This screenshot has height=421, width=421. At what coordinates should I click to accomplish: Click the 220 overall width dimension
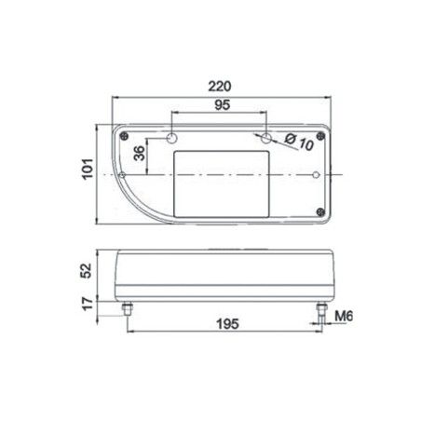click(x=222, y=86)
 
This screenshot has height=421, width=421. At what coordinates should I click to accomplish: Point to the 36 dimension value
click(x=140, y=155)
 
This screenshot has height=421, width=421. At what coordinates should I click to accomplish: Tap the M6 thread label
click(x=344, y=317)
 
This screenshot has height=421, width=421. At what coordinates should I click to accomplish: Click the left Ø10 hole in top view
click(x=171, y=138)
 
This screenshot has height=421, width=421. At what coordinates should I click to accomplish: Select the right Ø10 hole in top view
click(x=268, y=138)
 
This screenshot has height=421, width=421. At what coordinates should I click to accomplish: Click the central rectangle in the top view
click(x=222, y=177)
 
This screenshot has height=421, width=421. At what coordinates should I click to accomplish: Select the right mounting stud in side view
click(x=321, y=308)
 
